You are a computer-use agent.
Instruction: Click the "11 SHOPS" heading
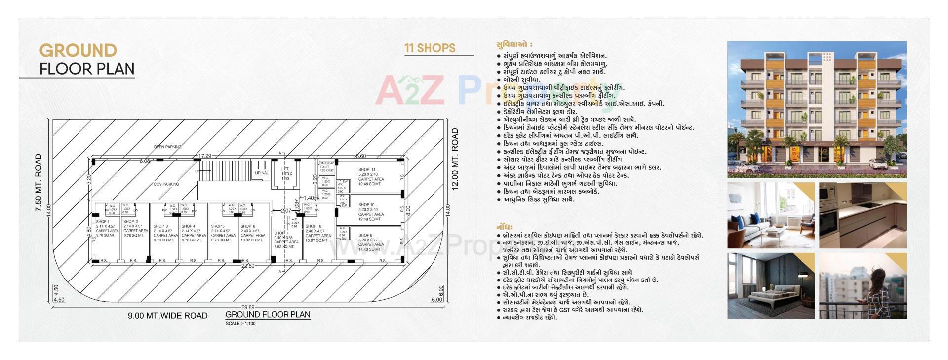(x=430, y=48)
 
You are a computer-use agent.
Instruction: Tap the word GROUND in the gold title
(x=78, y=50)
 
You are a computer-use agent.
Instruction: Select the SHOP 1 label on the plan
(x=103, y=222)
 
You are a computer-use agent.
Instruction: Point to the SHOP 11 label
(x=367, y=170)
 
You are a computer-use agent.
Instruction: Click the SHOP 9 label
(x=365, y=235)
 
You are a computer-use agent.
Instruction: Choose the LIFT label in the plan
(x=285, y=169)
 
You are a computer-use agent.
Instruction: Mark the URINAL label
(x=262, y=173)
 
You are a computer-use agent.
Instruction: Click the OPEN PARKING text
(x=167, y=147)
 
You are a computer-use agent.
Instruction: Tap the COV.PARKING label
(x=166, y=184)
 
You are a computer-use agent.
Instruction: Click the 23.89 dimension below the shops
(x=247, y=266)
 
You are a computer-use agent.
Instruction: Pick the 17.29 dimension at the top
(x=204, y=156)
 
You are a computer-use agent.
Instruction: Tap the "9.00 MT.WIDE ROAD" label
(x=168, y=316)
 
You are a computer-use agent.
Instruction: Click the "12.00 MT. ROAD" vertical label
(x=455, y=159)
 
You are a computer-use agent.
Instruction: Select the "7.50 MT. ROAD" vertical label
(x=39, y=183)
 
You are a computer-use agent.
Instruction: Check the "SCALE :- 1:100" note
(x=240, y=324)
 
